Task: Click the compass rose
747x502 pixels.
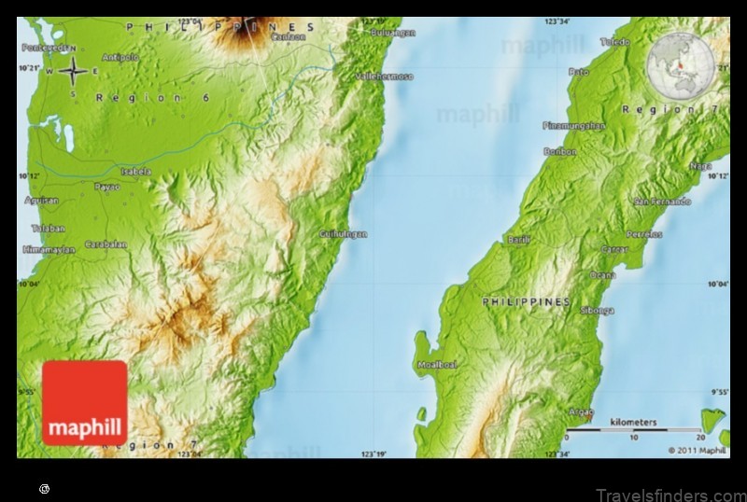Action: [74, 70]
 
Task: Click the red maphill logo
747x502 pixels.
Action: [85, 402]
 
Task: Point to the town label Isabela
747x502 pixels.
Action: [135, 171]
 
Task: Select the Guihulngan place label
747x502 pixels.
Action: [344, 233]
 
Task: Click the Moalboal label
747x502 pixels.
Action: [437, 365]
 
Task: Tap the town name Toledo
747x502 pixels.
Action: [615, 42]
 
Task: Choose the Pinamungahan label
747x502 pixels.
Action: [573, 125]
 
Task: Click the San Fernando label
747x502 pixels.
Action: [662, 202]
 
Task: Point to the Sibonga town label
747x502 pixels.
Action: [598, 310]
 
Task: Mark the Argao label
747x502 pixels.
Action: [581, 411]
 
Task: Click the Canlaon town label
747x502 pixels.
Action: [288, 37]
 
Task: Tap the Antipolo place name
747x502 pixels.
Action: [120, 57]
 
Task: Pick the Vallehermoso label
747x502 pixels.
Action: [385, 76]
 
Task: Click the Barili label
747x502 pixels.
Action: [519, 240]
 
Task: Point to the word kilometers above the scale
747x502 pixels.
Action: [633, 423]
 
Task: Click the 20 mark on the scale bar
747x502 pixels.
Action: [699, 437]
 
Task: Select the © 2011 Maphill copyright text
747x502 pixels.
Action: [697, 450]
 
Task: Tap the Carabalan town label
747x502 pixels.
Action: [106, 244]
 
